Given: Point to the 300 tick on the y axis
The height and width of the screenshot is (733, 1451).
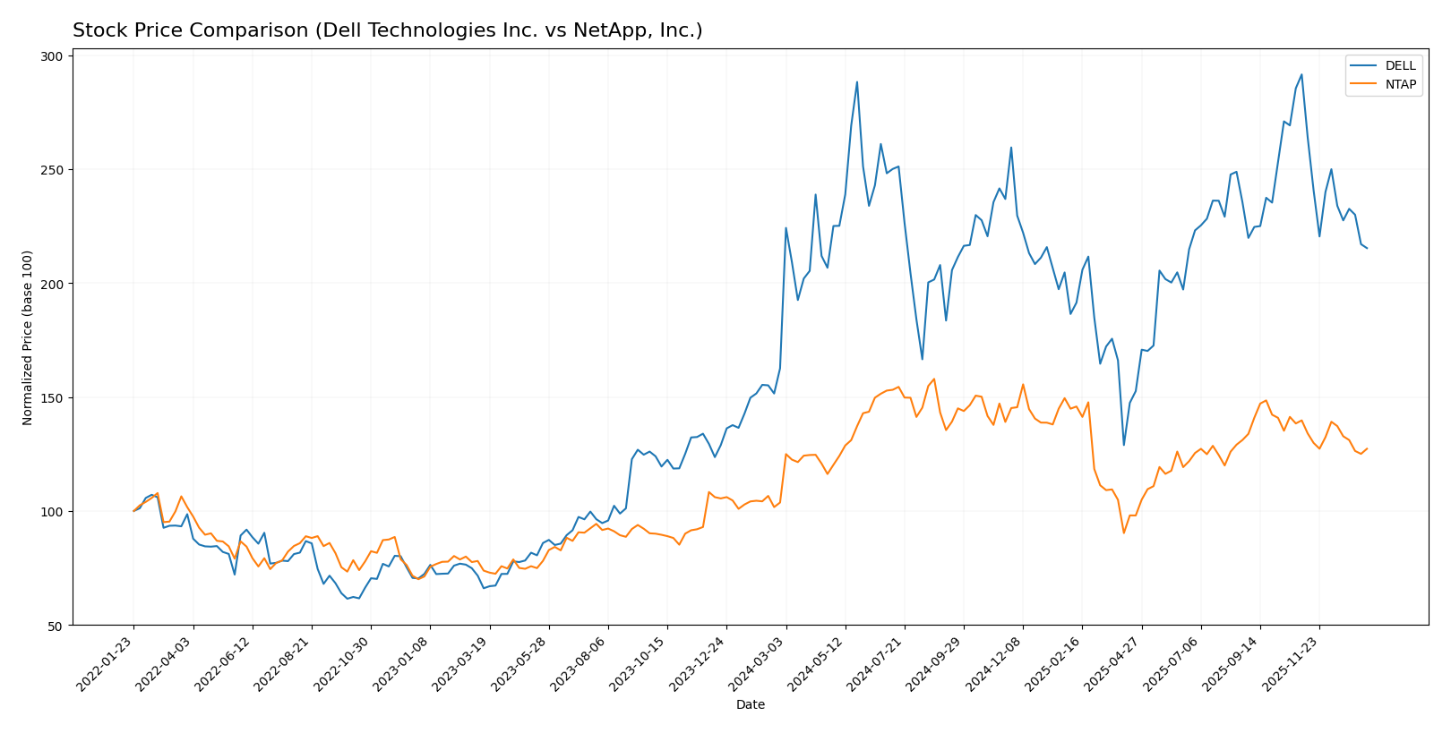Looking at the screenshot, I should tap(53, 56).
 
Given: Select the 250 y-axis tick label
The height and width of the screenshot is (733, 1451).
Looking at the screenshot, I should tap(53, 170).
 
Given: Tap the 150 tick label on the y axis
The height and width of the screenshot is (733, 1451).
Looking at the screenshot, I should tap(53, 397).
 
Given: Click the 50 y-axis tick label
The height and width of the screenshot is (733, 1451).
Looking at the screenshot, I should tap(56, 626).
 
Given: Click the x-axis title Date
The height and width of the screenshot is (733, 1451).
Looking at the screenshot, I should tap(751, 705).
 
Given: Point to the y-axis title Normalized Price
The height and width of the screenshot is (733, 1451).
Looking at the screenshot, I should tap(28, 337).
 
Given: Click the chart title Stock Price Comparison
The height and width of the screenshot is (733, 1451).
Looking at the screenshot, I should tap(387, 30).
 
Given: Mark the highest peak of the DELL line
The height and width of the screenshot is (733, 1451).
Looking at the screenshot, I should tap(1301, 74).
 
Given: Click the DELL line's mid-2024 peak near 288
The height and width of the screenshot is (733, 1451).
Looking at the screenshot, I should tap(857, 82).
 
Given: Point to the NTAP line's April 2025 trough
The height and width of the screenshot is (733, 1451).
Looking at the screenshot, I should tap(1124, 533).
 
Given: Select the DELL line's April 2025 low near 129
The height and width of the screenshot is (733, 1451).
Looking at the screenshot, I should tap(1124, 445).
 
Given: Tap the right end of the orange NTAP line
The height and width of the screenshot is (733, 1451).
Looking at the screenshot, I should tap(1367, 448).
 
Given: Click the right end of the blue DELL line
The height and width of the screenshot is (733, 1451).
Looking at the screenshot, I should tap(1367, 248).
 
